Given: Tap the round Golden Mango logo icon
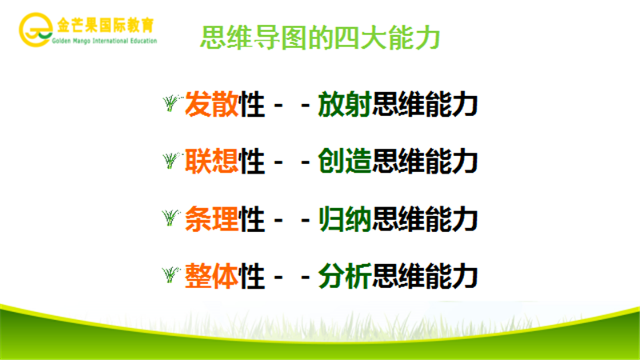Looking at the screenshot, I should click(34, 30).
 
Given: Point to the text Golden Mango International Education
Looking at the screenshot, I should click(103, 40).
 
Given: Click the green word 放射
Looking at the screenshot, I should click(344, 104).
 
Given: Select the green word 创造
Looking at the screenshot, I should click(344, 161).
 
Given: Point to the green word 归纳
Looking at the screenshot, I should click(344, 218).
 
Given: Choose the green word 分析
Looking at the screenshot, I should click(344, 275).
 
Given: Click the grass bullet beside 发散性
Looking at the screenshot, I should click(171, 103).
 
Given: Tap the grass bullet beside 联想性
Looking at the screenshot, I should click(171, 161).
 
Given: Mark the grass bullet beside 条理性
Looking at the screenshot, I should click(171, 218).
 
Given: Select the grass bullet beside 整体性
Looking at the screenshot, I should click(171, 275).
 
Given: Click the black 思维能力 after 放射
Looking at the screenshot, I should click(425, 104).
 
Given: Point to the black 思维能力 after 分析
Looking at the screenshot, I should click(425, 275).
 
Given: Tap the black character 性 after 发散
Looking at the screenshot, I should click(252, 104).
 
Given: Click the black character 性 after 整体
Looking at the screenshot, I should click(252, 275).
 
